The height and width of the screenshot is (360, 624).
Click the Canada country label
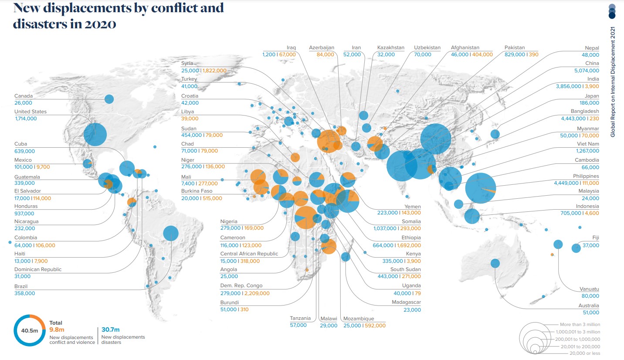pos(24,96)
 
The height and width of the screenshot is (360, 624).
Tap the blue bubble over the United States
pos(95,134)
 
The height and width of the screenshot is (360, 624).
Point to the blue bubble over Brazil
pos(171,234)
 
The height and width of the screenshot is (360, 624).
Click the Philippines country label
pos(586,176)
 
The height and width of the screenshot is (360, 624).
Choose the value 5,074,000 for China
pos(587,71)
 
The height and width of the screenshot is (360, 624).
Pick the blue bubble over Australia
pos(495,263)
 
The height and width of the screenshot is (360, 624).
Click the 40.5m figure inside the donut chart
pos(30,331)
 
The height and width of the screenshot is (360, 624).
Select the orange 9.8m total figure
pos(57,330)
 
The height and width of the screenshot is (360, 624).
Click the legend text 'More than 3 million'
pos(580,325)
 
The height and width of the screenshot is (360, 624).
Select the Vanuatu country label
pos(589,289)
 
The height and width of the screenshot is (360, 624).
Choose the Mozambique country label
pos(359,319)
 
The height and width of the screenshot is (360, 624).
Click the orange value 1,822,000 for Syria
pos(215,71)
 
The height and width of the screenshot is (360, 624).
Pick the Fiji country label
pos(595,238)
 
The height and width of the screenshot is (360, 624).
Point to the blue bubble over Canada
pos(109,99)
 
